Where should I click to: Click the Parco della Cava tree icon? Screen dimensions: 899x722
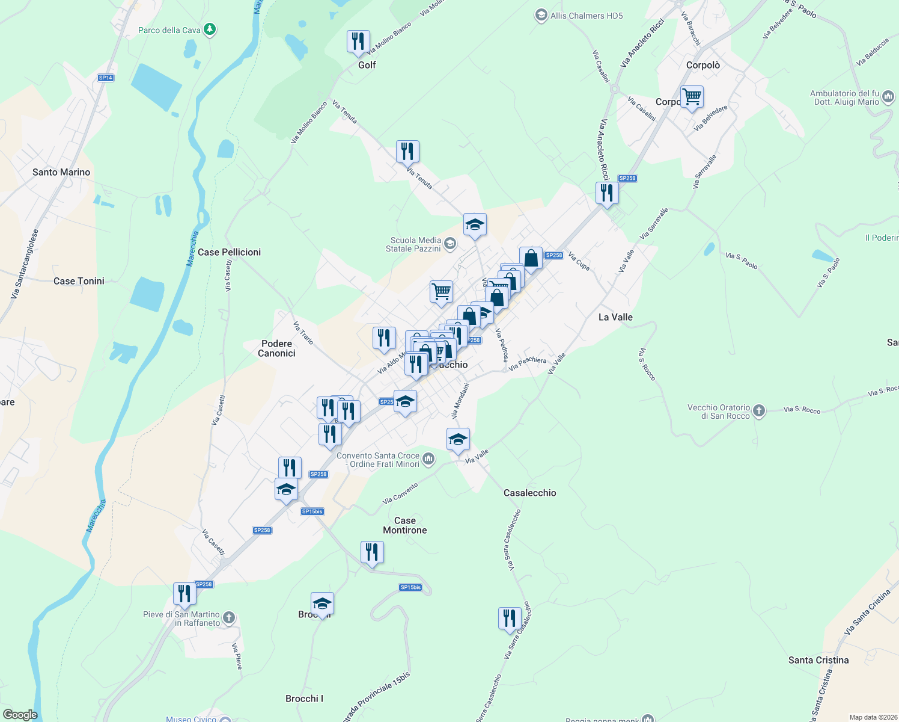click(210, 29)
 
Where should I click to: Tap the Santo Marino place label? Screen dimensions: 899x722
click(61, 172)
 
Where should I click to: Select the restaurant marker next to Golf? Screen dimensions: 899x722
click(358, 42)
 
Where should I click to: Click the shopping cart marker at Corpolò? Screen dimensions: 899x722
click(692, 96)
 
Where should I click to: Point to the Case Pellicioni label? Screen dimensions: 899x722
click(229, 252)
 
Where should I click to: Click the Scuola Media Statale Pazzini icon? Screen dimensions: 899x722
click(450, 244)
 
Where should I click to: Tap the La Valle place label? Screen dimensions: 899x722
click(615, 317)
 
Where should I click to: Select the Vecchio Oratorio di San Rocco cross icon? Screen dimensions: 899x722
click(759, 411)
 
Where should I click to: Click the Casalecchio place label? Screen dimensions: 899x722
click(529, 493)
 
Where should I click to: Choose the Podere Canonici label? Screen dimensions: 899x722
click(276, 348)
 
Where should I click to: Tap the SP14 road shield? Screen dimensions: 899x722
click(106, 78)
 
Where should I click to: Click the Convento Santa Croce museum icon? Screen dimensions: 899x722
click(428, 460)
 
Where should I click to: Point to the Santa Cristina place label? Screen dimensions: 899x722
click(818, 660)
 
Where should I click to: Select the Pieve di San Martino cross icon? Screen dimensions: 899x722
click(229, 618)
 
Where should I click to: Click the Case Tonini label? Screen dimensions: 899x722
click(79, 281)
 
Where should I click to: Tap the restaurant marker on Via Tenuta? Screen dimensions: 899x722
click(407, 152)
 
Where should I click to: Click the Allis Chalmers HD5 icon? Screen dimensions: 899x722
click(541, 16)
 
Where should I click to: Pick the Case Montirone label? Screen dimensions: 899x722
click(405, 525)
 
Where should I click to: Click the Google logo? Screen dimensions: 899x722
click(20, 715)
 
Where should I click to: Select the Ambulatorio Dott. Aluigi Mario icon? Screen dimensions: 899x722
click(888, 97)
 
